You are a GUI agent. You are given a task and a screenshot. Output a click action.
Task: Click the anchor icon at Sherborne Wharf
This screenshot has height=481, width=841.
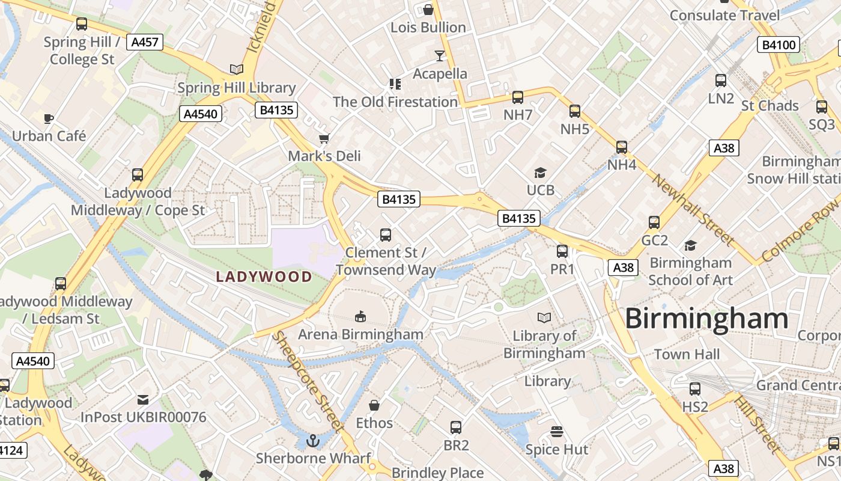pyautogui.click(x=312, y=441)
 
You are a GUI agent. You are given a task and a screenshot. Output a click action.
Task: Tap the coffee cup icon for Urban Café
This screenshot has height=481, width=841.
pyautogui.click(x=49, y=118)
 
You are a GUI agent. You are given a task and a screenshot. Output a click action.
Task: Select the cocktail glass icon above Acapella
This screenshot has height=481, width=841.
pyautogui.click(x=440, y=56)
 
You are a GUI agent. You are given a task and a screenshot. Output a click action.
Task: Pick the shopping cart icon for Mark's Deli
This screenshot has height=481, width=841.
pyautogui.click(x=324, y=139)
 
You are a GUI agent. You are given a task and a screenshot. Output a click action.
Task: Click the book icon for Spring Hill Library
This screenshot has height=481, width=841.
pyautogui.click(x=237, y=70)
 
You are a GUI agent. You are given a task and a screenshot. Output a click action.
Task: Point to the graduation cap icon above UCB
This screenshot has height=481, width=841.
pyautogui.click(x=540, y=173)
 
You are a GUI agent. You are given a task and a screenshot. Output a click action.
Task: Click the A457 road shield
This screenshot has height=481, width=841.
pyautogui.click(x=145, y=42)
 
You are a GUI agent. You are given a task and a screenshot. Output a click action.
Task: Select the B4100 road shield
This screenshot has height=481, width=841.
pyautogui.click(x=779, y=44)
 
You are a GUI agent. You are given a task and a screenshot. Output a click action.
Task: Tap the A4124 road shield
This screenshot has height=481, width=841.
pyautogui.click(x=12, y=450)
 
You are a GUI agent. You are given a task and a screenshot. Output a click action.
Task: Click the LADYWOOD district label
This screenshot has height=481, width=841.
pyautogui.click(x=264, y=277)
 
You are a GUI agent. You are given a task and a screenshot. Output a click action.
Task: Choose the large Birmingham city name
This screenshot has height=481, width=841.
pyautogui.click(x=706, y=319)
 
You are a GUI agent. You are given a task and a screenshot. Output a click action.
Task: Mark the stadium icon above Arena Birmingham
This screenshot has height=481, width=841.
pyautogui.click(x=360, y=316)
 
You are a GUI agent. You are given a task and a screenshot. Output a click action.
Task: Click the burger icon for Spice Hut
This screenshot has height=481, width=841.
pyautogui.click(x=556, y=432)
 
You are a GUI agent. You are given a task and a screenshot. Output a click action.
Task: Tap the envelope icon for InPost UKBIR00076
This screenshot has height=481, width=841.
pyautogui.click(x=143, y=400)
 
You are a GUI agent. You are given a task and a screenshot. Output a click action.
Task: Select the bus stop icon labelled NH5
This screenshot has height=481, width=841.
pyautogui.click(x=575, y=111)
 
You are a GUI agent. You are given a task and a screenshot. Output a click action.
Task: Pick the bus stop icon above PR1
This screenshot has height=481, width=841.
pyautogui.click(x=562, y=251)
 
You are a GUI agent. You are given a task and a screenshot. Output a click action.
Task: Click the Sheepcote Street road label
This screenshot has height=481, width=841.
pyautogui.click(x=307, y=382)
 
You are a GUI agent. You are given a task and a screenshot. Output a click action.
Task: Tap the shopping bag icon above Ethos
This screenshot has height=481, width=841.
pyautogui.click(x=374, y=405)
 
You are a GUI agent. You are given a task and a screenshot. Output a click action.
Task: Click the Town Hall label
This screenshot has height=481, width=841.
pyautogui.click(x=687, y=354)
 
